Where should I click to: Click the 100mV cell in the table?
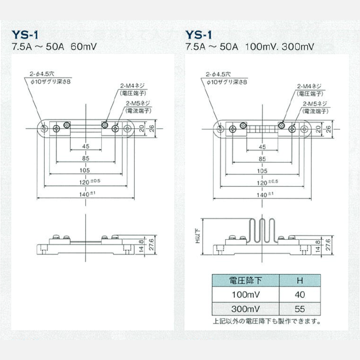246,295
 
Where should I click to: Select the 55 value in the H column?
300,309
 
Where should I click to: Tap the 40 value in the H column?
300,295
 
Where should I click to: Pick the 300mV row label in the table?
246,309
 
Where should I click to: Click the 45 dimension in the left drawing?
86,146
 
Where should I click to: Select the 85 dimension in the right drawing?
262,159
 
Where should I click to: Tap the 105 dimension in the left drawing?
85,170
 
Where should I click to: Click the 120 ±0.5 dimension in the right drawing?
267,182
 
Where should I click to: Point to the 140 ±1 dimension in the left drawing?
87,194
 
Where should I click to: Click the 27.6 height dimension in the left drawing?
152,245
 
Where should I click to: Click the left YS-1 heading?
25,35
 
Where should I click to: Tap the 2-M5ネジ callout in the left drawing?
138,103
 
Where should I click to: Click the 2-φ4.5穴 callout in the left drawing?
42,74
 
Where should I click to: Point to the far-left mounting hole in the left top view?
44,128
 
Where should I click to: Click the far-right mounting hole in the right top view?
304,129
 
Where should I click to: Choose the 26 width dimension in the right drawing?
328,129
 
